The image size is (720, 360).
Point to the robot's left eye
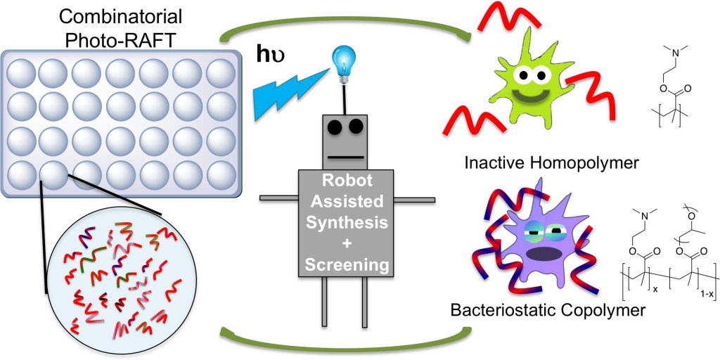334,126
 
